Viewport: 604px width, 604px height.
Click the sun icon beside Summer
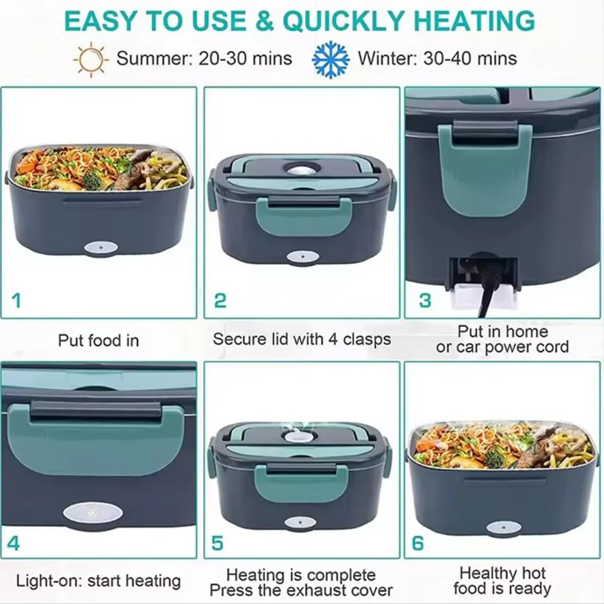coord(91,59)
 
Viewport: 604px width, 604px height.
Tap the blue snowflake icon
coord(330,59)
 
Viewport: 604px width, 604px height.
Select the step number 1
coord(16,300)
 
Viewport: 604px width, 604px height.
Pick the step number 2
coord(220,300)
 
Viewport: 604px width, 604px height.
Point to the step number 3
coord(425,300)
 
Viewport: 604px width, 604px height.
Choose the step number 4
coord(13,543)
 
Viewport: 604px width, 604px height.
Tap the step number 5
coord(217,543)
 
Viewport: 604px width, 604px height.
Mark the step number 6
coord(418,543)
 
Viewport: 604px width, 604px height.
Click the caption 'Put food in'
coord(99,340)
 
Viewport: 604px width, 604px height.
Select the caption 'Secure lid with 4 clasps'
coord(302,339)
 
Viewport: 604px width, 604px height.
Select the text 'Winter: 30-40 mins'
coord(437,58)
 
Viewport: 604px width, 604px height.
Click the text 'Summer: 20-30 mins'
coord(204,58)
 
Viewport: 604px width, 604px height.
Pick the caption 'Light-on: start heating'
coord(99,580)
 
